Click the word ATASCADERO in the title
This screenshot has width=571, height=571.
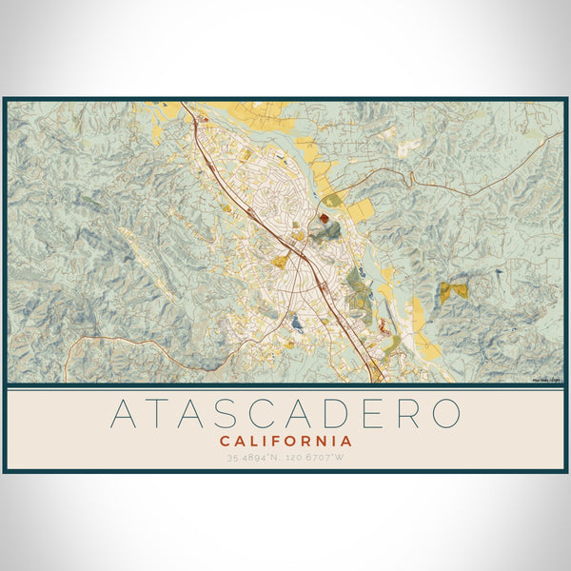[285, 413]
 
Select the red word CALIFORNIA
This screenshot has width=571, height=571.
[285, 442]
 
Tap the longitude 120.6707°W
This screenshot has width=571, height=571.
[318, 458]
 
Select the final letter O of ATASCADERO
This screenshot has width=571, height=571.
[443, 413]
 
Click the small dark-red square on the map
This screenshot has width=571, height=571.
[324, 218]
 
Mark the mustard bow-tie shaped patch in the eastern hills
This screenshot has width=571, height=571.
[454, 290]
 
